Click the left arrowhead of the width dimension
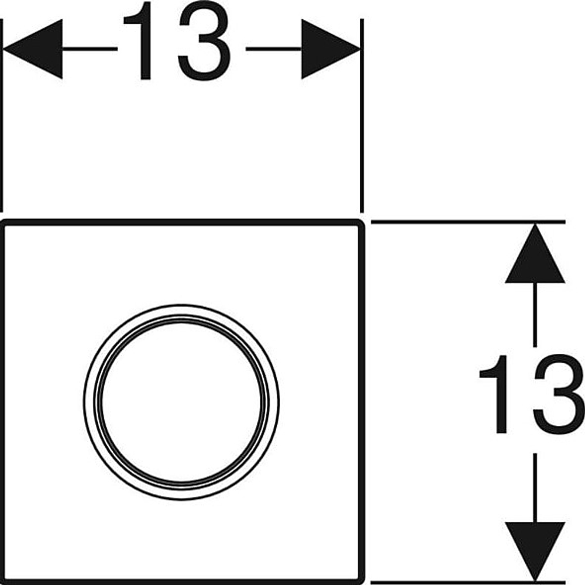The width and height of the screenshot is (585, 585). [x=33, y=49]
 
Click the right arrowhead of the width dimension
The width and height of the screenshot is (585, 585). [x=331, y=49]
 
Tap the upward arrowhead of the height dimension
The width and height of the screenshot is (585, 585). [x=535, y=253]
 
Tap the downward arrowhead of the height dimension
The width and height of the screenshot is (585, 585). [x=535, y=552]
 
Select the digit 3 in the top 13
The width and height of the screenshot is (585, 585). [x=204, y=40]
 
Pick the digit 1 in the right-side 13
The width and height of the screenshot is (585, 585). [x=495, y=394]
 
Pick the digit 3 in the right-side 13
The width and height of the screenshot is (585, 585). [x=559, y=394]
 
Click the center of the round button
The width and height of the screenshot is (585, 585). [x=181, y=402]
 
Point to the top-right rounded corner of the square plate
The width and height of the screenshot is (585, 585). [x=360, y=223]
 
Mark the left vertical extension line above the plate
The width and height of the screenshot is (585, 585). [x=2, y=115]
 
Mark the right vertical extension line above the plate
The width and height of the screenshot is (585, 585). [x=362, y=115]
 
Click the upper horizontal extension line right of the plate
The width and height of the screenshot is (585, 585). [x=468, y=222]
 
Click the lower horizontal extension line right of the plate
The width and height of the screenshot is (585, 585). [x=468, y=582]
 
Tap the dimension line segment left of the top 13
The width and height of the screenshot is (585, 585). [x=90, y=49]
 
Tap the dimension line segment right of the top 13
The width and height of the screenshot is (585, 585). [x=273, y=49]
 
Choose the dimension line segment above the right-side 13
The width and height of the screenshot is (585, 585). [x=535, y=315]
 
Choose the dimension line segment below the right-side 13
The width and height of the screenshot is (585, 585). [x=535, y=488]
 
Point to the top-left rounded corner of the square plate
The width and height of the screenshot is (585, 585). [x=4, y=223]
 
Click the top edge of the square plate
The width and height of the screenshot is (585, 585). [x=182, y=222]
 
